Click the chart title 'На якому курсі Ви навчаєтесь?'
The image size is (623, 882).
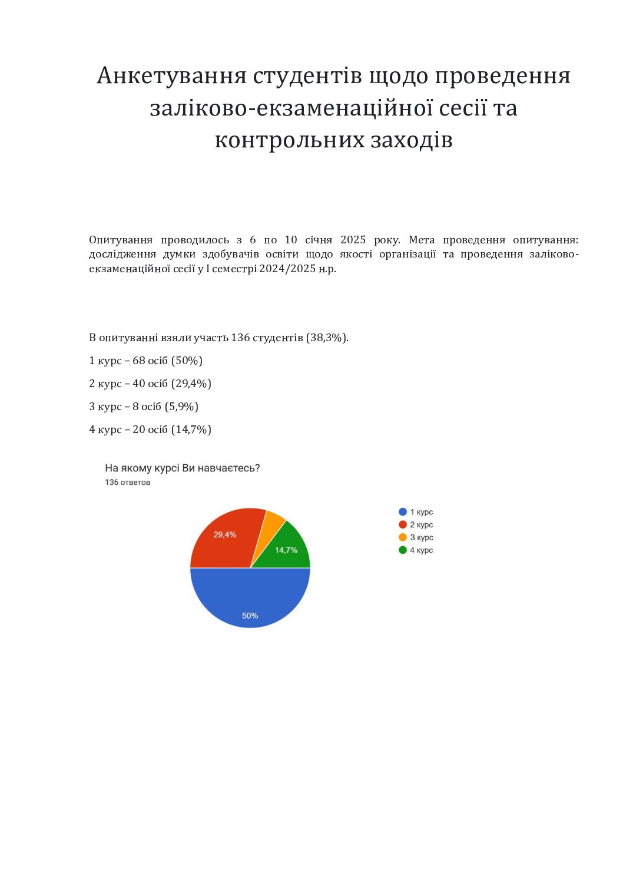(x=182, y=468)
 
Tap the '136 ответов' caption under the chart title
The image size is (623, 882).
(x=127, y=482)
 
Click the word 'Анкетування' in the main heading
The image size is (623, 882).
(x=171, y=75)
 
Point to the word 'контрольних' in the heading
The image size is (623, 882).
(x=289, y=140)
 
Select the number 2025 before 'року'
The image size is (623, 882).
(x=353, y=240)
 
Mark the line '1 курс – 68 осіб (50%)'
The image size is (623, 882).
(x=145, y=361)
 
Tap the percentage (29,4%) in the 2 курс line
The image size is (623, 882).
(x=191, y=384)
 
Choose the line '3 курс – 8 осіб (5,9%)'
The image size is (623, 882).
(x=143, y=407)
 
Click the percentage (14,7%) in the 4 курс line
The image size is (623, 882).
(x=191, y=430)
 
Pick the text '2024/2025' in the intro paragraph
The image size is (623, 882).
(x=283, y=269)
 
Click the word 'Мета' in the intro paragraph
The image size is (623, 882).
(x=422, y=240)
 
